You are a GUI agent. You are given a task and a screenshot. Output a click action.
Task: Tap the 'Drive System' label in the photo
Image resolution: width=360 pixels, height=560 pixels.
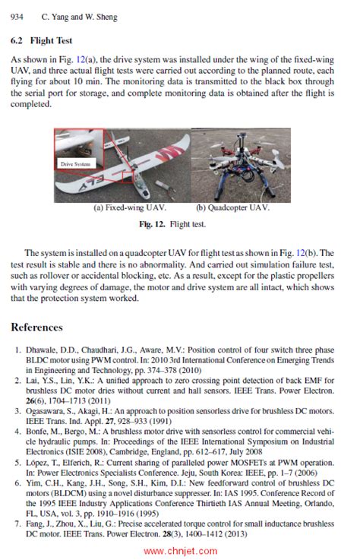point(76,163)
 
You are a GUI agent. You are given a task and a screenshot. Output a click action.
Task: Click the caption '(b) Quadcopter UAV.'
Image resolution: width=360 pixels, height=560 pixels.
point(232,207)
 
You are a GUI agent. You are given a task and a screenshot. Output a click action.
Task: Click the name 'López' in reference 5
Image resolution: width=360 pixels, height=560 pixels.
point(38,460)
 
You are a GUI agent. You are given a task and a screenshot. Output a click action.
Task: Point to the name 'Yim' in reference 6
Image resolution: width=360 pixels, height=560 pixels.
point(35,480)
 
